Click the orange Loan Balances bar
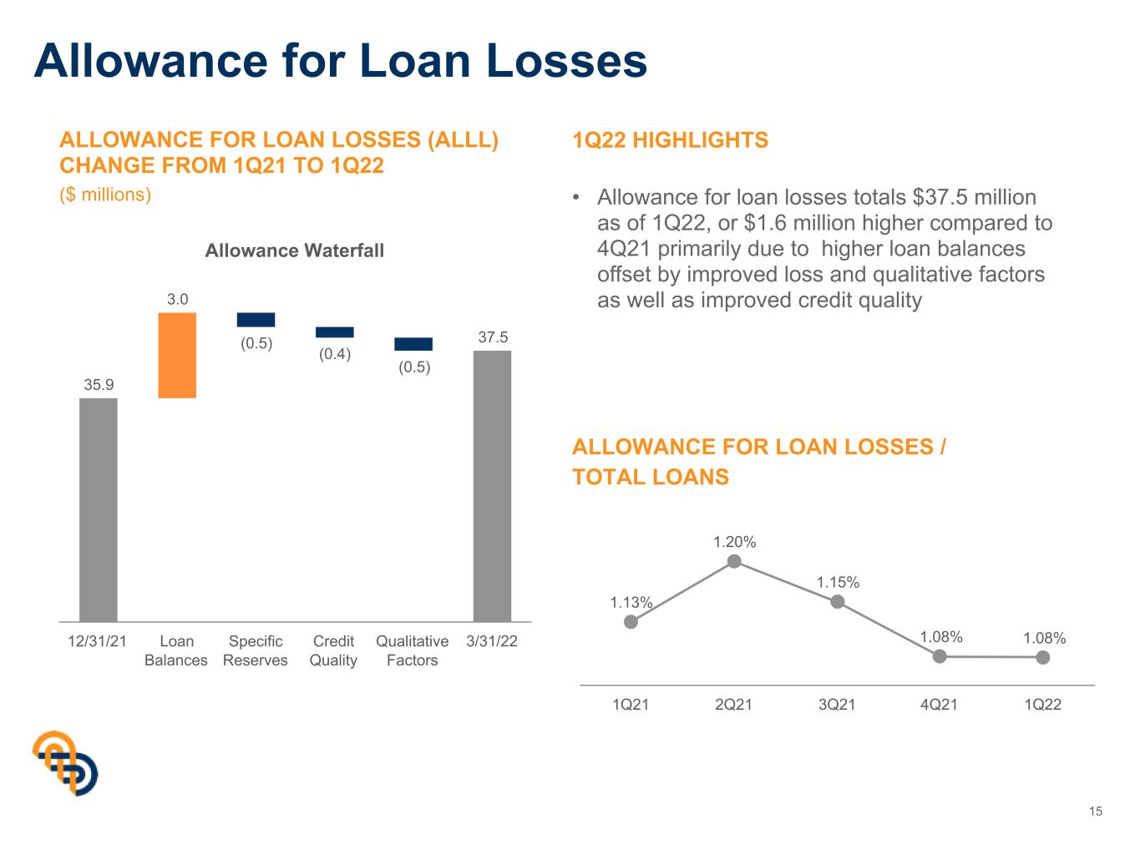point(177,355)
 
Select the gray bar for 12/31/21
point(99,510)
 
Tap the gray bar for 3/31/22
point(492,486)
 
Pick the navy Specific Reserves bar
point(256,320)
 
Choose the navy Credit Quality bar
point(334,332)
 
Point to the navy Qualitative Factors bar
point(413,344)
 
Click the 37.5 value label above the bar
point(493,337)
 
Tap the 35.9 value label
point(99,384)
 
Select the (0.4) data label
point(335,354)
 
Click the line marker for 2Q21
point(734,561)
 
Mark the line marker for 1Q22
point(1043,658)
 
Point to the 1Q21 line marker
point(631,621)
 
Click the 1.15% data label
point(838,582)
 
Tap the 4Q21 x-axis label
point(939,705)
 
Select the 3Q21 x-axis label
point(837,705)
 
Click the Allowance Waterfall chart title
point(295,250)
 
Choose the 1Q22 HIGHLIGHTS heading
point(670,140)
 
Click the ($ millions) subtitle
point(105,195)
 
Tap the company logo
point(65,763)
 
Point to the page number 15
point(1096,812)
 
